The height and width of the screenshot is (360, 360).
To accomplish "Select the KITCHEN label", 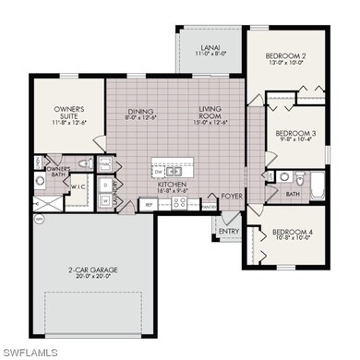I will pos(174,185).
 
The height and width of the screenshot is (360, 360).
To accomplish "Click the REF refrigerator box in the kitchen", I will pos(148,204).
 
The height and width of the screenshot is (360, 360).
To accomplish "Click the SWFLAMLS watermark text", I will pos(31,352).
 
